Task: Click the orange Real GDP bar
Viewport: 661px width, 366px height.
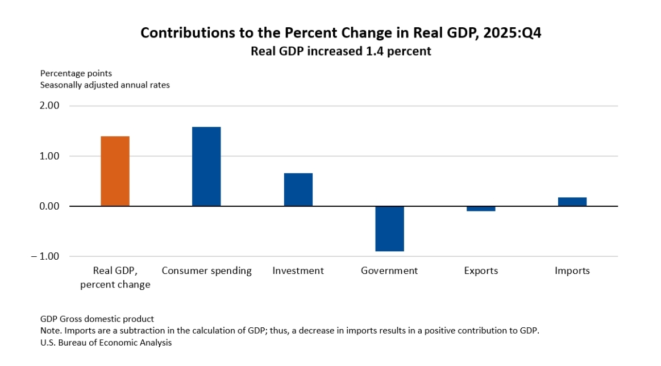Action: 115,171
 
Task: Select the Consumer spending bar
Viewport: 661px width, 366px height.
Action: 206,166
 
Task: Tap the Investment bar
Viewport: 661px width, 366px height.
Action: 298,189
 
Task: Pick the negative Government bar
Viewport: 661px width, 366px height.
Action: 389,228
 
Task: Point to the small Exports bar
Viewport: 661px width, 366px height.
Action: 481,209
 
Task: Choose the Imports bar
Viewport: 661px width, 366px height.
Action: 572,202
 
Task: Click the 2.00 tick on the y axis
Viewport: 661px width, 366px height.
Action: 48,106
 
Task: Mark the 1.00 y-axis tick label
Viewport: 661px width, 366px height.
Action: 48,156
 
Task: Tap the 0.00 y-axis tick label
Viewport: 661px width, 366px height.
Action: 48,206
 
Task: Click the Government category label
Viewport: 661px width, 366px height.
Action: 389,271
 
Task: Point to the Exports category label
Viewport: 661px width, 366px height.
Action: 481,271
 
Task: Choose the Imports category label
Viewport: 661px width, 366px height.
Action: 572,271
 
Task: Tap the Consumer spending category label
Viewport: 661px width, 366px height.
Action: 206,271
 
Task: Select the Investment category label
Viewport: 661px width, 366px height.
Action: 298,271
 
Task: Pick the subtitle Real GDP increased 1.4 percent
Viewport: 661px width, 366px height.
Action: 341,51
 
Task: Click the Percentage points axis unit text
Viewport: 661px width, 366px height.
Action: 76,74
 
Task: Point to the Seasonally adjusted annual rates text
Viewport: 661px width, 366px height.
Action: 105,85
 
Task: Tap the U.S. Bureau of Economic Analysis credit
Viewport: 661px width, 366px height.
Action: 106,343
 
